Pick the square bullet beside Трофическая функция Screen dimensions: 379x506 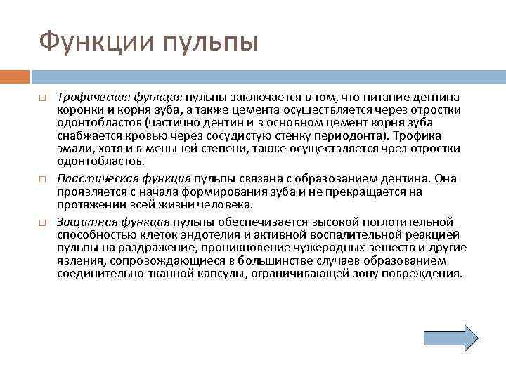(x=43, y=98)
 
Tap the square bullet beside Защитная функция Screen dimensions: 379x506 (x=43, y=223)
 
